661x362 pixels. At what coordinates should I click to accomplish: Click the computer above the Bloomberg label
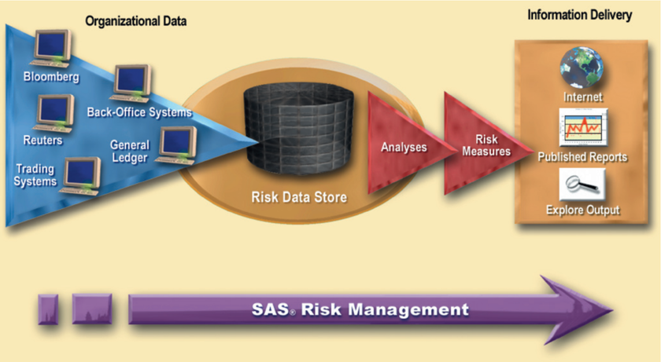pyautogui.click(x=51, y=49)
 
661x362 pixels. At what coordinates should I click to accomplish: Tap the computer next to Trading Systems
pyautogui.click(x=80, y=176)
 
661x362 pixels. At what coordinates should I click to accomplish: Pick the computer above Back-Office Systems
pyautogui.click(x=131, y=84)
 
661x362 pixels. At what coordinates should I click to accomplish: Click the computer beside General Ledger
pyautogui.click(x=176, y=145)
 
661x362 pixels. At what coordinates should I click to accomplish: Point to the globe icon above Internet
pyautogui.click(x=582, y=68)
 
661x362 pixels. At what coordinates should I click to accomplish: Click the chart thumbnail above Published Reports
pyautogui.click(x=583, y=127)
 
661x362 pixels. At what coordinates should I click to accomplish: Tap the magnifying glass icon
pyautogui.click(x=582, y=185)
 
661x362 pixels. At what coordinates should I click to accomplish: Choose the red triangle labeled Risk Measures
pyautogui.click(x=485, y=144)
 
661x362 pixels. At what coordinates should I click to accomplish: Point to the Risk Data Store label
pyautogui.click(x=299, y=197)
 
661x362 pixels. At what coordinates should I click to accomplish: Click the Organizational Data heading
pyautogui.click(x=135, y=21)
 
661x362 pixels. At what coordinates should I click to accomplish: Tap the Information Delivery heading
pyautogui.click(x=580, y=15)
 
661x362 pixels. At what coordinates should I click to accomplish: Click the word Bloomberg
pyautogui.click(x=51, y=77)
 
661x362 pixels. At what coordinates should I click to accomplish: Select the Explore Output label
pyautogui.click(x=583, y=210)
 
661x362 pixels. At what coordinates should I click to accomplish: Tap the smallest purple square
pyautogui.click(x=48, y=309)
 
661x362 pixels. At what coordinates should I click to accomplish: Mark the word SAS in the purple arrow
pyautogui.click(x=271, y=309)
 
